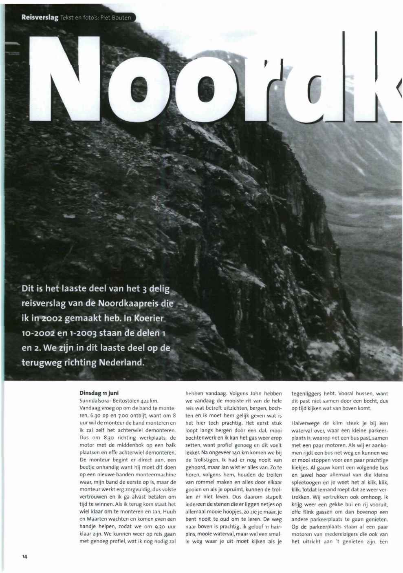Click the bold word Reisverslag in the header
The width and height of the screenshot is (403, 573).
[40, 18]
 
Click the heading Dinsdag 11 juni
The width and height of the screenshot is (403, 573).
[95, 394]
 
